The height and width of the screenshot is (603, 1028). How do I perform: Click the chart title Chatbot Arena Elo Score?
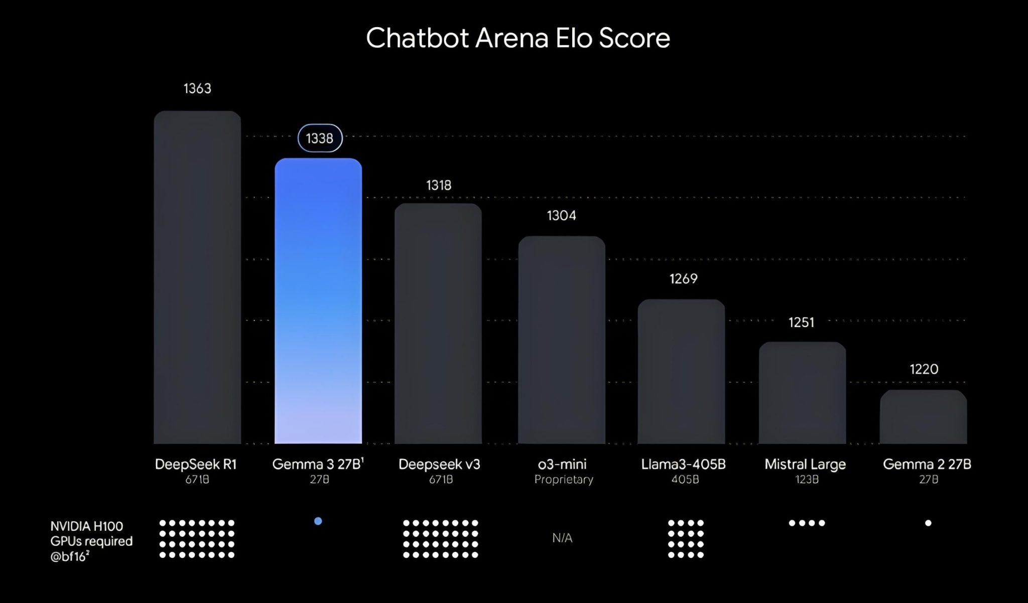click(518, 38)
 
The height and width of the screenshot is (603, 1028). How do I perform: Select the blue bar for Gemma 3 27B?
click(318, 301)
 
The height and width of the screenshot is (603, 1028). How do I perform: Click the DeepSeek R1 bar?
click(197, 277)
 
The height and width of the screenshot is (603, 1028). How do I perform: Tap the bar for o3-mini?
click(562, 340)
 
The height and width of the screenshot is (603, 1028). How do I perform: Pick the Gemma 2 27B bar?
click(924, 417)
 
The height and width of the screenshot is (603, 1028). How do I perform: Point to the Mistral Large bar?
click(802, 393)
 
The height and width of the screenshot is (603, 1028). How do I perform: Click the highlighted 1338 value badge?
click(320, 138)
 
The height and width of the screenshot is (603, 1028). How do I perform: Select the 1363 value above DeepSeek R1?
click(197, 89)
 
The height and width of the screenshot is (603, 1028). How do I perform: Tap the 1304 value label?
click(561, 216)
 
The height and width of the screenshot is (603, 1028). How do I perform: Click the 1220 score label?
click(924, 370)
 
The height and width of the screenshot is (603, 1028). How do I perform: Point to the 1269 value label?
click(683, 279)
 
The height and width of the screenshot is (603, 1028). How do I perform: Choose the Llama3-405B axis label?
click(683, 465)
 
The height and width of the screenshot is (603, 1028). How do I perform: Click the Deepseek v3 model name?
click(439, 465)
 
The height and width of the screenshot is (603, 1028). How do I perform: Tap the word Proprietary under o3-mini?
click(564, 480)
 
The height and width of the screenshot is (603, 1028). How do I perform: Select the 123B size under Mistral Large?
click(807, 480)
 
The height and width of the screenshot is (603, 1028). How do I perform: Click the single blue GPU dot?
click(318, 521)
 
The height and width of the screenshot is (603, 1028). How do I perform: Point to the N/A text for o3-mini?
click(562, 538)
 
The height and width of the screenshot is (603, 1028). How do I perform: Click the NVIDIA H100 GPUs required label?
click(91, 541)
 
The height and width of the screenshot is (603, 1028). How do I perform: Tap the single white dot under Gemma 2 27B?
click(928, 523)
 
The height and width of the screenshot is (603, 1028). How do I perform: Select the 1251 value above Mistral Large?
click(801, 323)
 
